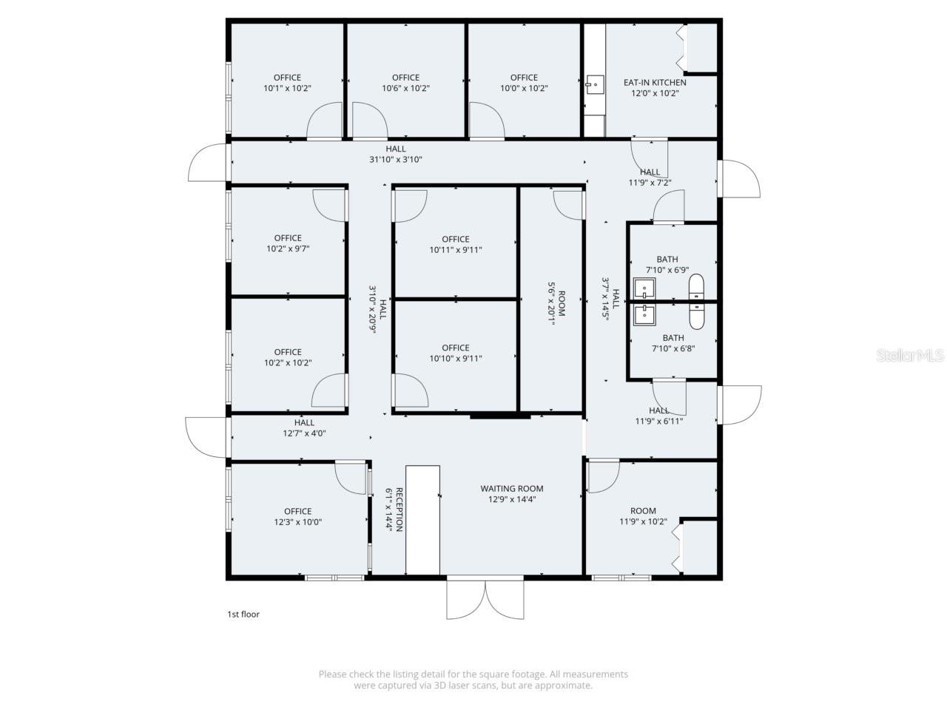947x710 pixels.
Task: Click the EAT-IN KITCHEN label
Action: coord(655,83)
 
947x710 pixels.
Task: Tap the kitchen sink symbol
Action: coord(594,84)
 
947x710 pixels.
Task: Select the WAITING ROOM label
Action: coord(512,488)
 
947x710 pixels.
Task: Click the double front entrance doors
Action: coord(485,599)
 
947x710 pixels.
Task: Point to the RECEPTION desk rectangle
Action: coord(422,519)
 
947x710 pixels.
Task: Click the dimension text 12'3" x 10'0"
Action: coord(298,522)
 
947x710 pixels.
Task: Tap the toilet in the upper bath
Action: coord(696,285)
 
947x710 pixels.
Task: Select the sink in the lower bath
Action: coord(644,314)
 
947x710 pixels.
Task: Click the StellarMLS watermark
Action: coord(910,356)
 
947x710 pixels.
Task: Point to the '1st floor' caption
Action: coord(243,614)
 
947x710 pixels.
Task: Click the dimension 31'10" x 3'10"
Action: coord(396,160)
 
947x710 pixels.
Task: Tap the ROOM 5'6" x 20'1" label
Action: coord(556,303)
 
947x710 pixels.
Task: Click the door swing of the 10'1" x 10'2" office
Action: coord(324,121)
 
